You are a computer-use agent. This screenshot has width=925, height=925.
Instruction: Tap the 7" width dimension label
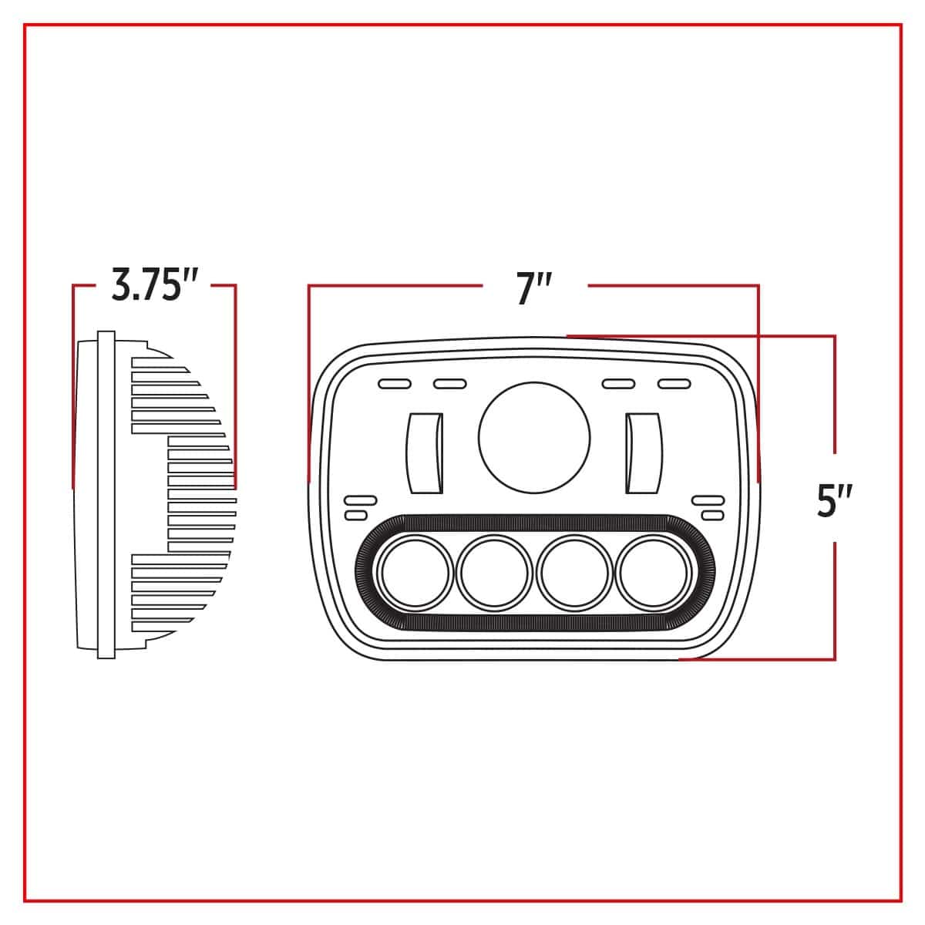click(x=533, y=288)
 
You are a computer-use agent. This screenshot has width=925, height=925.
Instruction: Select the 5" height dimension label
click(x=835, y=501)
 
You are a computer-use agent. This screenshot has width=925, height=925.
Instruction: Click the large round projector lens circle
click(x=534, y=437)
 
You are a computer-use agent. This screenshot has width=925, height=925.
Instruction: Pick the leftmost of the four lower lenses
click(x=415, y=573)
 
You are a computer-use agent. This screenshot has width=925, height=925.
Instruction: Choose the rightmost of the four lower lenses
click(x=654, y=573)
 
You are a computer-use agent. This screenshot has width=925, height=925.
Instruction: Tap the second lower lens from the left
click(x=494, y=573)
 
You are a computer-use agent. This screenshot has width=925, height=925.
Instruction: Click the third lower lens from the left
click(x=574, y=573)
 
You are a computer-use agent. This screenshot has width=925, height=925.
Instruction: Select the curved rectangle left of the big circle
click(x=424, y=452)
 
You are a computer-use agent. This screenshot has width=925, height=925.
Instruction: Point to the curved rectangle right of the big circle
click(x=644, y=452)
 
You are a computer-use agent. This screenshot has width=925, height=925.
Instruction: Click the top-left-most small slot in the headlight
click(x=395, y=384)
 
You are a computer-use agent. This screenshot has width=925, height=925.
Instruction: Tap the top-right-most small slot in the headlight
click(x=674, y=384)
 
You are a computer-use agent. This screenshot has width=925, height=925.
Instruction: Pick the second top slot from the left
click(x=449, y=384)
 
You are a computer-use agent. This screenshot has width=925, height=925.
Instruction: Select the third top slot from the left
click(x=618, y=384)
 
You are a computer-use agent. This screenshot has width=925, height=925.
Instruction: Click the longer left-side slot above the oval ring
click(x=361, y=500)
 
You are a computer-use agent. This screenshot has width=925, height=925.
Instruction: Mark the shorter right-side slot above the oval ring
click(x=713, y=516)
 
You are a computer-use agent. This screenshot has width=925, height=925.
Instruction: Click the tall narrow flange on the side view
click(x=106, y=495)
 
